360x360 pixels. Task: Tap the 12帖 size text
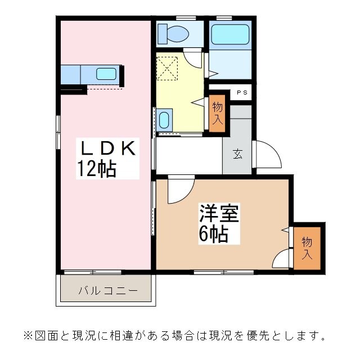(97, 168)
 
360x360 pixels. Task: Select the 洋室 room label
(219, 214)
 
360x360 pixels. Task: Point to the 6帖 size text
(213, 234)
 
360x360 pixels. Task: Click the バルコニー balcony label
(108, 291)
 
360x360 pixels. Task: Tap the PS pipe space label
(241, 93)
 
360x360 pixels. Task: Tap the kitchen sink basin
(106, 74)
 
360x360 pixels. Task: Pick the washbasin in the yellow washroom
(164, 120)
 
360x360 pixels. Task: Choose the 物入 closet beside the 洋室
(307, 247)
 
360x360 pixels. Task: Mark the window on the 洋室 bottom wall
(223, 272)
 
